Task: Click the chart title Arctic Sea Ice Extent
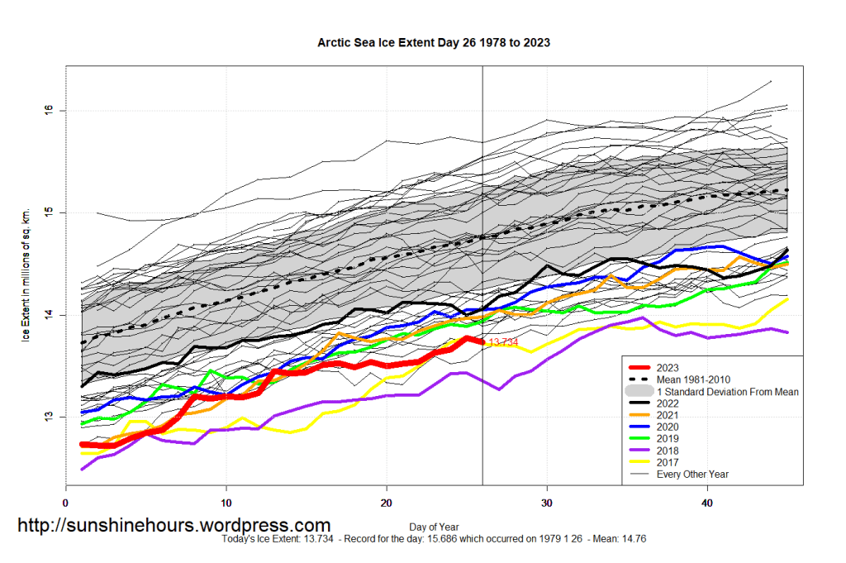point(434,41)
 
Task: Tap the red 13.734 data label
point(502,342)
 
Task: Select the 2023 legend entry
point(668,368)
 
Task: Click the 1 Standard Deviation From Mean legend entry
point(727,392)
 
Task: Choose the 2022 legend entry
point(668,403)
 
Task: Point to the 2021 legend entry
point(668,415)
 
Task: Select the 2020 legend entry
point(668,427)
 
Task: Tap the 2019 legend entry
point(668,439)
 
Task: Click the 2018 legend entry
point(668,451)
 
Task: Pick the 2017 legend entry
point(668,462)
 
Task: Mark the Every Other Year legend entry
point(692,475)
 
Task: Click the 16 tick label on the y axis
point(49,110)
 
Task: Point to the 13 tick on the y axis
point(49,417)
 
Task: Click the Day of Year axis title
point(434,526)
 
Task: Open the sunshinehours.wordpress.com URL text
point(174,525)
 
